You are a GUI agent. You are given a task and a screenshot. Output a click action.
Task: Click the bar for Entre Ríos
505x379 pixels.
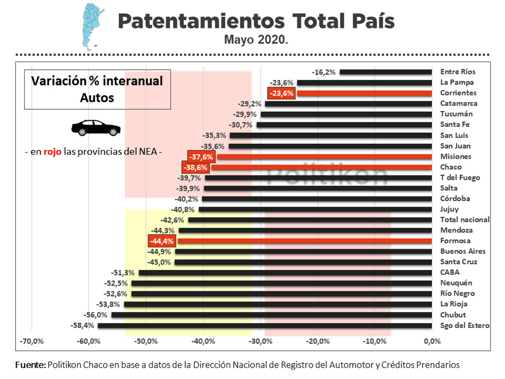point(386,72)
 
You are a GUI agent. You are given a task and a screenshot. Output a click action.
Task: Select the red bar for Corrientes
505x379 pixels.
point(364,93)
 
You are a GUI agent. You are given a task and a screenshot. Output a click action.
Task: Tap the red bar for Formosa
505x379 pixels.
point(305,241)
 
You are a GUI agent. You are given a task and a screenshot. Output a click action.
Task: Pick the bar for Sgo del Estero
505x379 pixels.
point(265,326)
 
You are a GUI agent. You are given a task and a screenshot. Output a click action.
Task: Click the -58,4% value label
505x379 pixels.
point(84,326)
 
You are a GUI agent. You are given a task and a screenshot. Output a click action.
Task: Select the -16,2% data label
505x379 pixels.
point(324,72)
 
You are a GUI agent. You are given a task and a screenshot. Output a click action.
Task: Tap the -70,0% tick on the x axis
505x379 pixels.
point(31,342)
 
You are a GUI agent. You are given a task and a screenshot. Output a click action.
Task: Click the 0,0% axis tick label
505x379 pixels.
point(432,342)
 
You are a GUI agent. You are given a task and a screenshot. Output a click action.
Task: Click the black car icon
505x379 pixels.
point(96,128)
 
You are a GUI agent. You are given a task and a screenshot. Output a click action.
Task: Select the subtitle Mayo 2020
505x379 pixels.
point(257,39)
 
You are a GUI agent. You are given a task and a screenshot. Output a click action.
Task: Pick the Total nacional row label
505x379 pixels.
point(465,220)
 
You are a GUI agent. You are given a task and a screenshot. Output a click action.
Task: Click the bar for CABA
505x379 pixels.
point(285,273)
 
